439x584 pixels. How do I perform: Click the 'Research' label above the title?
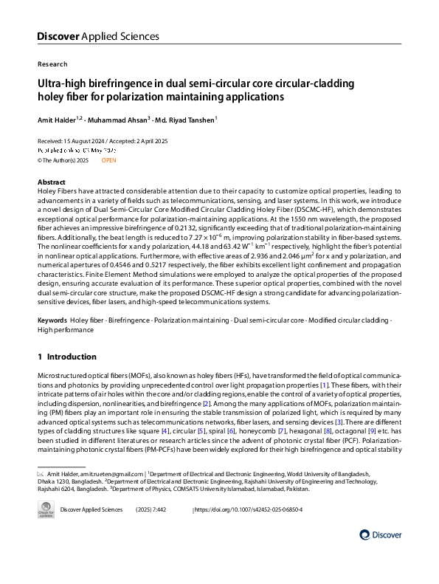click(52, 64)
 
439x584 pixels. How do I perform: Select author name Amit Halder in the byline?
click(56, 118)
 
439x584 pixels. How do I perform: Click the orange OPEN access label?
click(108, 159)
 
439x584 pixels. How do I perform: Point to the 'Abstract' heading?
click(52, 182)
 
